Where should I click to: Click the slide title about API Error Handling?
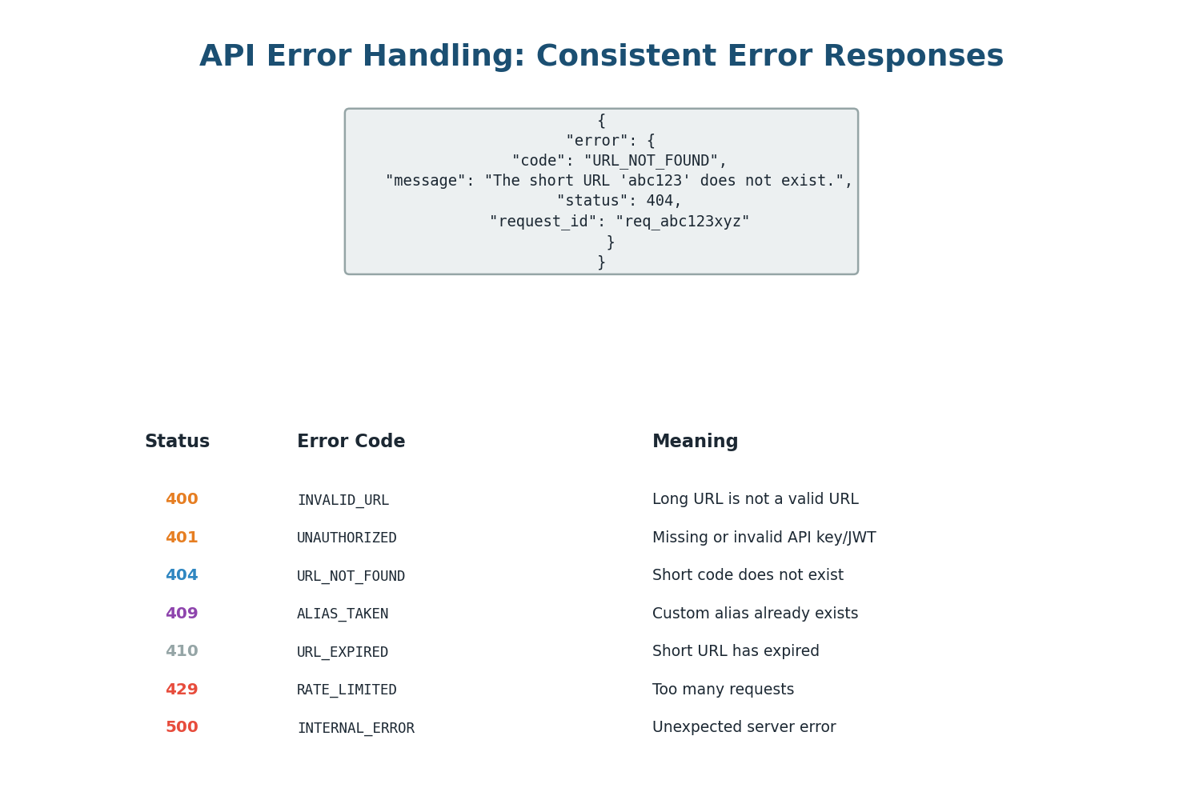[x=601, y=57]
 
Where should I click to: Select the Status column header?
[x=177, y=442]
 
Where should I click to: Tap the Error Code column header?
[x=351, y=442]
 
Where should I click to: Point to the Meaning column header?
[x=695, y=442]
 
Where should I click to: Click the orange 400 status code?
[x=182, y=499]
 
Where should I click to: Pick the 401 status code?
[x=182, y=538]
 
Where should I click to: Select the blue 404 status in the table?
[x=182, y=575]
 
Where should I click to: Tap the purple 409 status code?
[x=182, y=614]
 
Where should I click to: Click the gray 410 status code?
[x=182, y=651]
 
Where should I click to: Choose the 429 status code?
[x=182, y=690]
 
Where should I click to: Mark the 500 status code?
[x=182, y=727]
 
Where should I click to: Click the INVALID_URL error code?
[x=343, y=500]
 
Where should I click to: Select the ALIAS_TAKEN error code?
[x=343, y=614]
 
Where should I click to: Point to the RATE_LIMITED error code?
[x=347, y=690]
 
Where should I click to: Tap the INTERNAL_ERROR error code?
[x=355, y=728]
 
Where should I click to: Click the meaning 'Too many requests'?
[x=723, y=690]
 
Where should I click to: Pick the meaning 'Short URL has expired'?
[x=736, y=651]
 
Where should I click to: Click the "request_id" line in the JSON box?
[x=620, y=222]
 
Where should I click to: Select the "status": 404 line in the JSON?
[x=620, y=201]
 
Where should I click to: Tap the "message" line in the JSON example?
[x=619, y=181]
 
